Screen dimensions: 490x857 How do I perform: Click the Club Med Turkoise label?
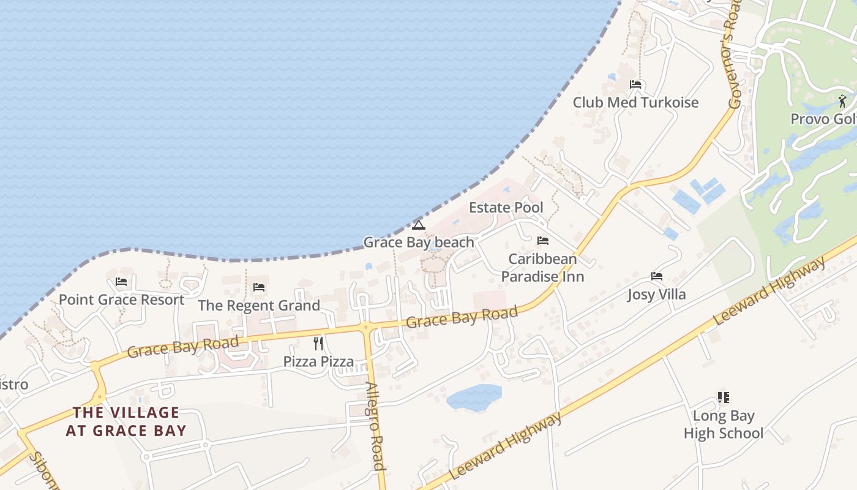(635, 102)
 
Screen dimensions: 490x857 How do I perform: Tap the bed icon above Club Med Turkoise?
(635, 85)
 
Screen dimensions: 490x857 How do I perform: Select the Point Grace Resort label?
(121, 300)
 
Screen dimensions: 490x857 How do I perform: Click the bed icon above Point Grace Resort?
(121, 282)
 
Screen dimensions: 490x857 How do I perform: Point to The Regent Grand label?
(259, 305)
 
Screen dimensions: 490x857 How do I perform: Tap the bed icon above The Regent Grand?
(259, 287)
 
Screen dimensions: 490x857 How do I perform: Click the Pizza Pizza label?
(318, 361)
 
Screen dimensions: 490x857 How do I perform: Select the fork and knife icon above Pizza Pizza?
(318, 343)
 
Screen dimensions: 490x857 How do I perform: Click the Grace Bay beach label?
(419, 243)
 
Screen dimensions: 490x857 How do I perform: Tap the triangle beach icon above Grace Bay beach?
(419, 225)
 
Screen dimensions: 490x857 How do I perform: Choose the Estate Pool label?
(506, 208)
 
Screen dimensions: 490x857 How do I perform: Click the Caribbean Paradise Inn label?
(542, 268)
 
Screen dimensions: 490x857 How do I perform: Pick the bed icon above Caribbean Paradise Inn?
(542, 241)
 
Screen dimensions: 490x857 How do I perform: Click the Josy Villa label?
(657, 295)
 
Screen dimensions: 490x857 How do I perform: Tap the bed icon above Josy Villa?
(657, 276)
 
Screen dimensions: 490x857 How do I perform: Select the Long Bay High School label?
(723, 424)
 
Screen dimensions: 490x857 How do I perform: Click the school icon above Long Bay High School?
(723, 398)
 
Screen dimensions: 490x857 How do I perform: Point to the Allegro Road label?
(375, 426)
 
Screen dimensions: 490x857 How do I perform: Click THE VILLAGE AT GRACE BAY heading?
(125, 421)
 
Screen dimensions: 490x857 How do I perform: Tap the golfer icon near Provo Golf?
(842, 100)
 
